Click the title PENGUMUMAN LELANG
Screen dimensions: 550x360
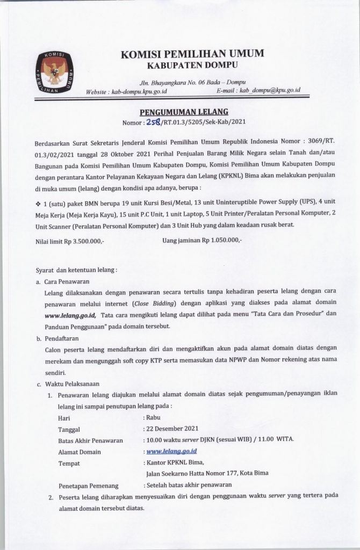click(184, 112)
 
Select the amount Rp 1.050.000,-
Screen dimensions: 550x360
click(222, 242)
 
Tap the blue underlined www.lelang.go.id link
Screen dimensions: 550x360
click(171, 452)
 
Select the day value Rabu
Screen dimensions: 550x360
click(154, 417)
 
